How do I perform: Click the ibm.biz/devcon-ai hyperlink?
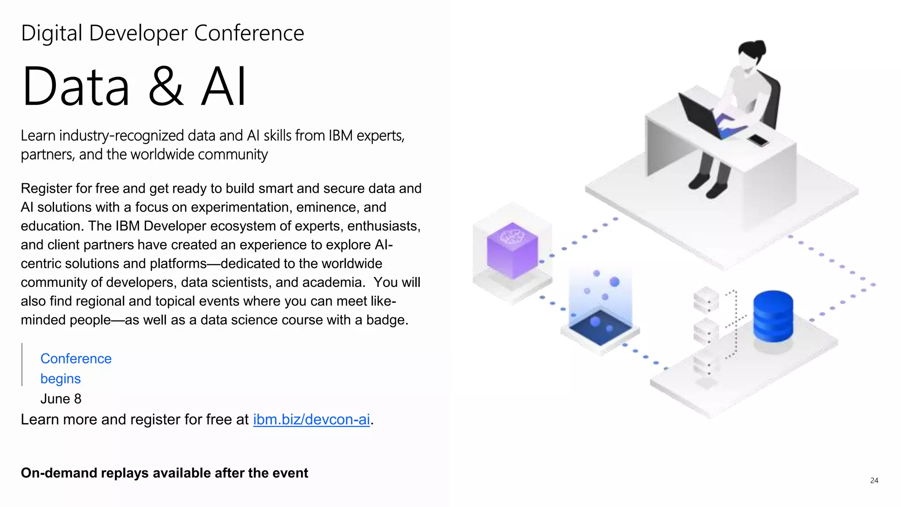click(311, 419)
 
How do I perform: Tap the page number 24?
click(874, 481)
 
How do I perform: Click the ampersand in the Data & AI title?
click(165, 86)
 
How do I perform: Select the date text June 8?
click(61, 399)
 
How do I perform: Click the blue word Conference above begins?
click(76, 359)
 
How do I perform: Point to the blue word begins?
click(60, 378)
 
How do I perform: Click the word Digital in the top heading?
click(51, 33)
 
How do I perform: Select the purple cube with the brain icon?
click(512, 250)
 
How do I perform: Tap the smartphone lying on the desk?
click(758, 140)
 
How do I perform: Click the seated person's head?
click(751, 55)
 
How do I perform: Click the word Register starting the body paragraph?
click(46, 188)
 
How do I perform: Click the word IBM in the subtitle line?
click(340, 136)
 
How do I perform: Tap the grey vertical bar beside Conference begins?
click(22, 364)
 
